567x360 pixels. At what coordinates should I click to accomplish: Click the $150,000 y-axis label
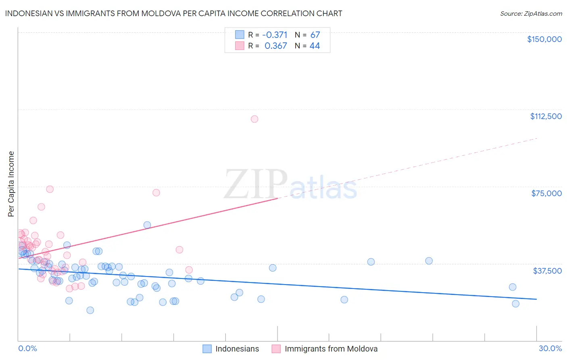[x=544, y=39]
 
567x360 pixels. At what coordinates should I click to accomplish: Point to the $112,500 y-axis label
[x=546, y=116]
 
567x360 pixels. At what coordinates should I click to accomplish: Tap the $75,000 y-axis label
[x=546, y=193]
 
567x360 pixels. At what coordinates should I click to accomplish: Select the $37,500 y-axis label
[x=547, y=271]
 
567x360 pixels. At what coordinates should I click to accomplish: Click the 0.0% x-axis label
[x=27, y=348]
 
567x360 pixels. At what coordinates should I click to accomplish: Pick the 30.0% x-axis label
[x=550, y=348]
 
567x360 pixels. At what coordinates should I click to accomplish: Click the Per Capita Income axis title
[x=11, y=184]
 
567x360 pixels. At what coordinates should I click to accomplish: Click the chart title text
[x=173, y=13]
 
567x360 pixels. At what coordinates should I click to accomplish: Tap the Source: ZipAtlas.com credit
[x=531, y=13]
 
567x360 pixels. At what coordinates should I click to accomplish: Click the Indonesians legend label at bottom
[x=237, y=349]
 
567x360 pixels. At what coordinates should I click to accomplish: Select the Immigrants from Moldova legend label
[x=331, y=349]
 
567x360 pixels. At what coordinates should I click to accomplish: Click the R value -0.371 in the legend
[x=275, y=35]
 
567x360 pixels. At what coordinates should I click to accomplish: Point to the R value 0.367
[x=276, y=46]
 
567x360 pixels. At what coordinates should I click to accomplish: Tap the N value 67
[x=315, y=35]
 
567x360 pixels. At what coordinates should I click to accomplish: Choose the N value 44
[x=315, y=46]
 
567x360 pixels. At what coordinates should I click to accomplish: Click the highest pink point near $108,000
[x=254, y=119]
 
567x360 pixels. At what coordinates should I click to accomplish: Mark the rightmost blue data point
[x=515, y=303]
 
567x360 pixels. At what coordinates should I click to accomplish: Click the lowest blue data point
[x=90, y=310]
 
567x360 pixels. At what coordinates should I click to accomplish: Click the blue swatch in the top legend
[x=240, y=35]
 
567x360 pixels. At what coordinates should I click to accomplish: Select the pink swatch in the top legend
[x=240, y=46]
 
